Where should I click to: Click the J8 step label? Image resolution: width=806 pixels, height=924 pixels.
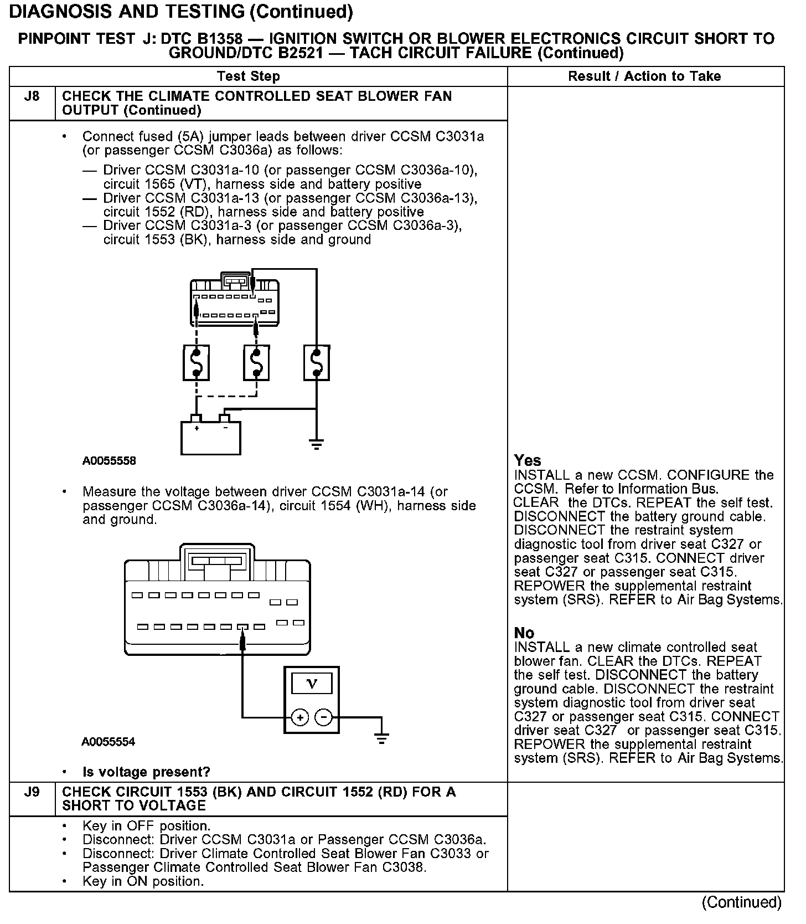[32, 96]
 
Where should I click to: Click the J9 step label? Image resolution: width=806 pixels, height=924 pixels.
[32, 792]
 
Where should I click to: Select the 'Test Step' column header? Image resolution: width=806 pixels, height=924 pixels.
[249, 76]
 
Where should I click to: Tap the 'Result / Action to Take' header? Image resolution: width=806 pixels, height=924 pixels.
[644, 76]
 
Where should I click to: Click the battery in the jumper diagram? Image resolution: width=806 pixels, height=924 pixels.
[211, 437]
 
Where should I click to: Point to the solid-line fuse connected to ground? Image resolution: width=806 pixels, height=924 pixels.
[317, 363]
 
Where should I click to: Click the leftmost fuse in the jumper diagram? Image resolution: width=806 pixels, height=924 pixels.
[196, 363]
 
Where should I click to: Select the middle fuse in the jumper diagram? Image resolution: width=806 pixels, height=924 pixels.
[256, 363]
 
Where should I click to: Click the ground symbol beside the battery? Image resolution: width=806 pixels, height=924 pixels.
[316, 444]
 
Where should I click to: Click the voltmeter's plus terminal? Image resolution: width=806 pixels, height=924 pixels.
[300, 718]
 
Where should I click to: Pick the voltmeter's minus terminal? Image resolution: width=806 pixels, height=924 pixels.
[323, 718]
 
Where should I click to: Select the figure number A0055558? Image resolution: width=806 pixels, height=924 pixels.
[109, 461]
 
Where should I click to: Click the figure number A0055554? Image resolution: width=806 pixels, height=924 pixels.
[108, 742]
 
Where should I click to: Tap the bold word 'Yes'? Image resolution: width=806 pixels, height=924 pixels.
[527, 460]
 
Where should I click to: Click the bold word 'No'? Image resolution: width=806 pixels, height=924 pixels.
[524, 633]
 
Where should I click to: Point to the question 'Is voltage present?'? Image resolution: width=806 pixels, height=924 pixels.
[146, 772]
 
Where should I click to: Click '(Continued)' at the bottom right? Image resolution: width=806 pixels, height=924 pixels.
[741, 902]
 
